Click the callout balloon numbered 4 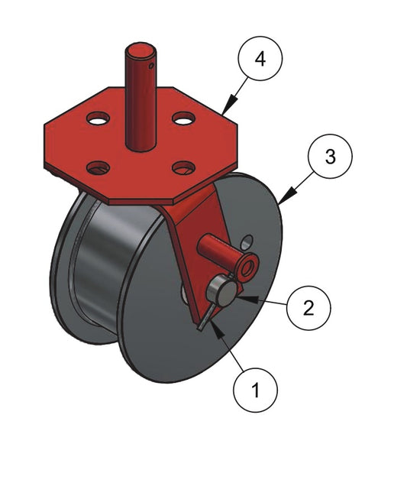click(x=260, y=58)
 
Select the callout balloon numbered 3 click(x=330, y=156)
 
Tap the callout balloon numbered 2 click(x=308, y=308)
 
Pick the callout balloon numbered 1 click(x=255, y=390)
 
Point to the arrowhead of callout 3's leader click(x=287, y=196)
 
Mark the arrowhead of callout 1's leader click(x=218, y=330)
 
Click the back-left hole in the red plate click(x=99, y=118)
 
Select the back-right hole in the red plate click(x=184, y=118)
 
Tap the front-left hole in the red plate click(x=99, y=168)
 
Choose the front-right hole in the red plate click(x=184, y=167)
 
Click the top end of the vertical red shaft click(x=141, y=50)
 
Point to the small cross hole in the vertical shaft click(x=151, y=66)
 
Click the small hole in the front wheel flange click(x=247, y=241)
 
